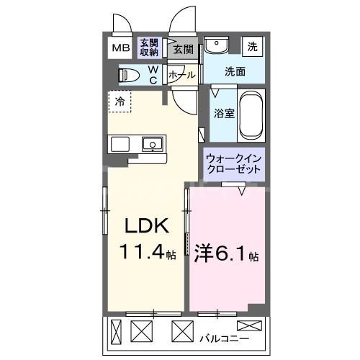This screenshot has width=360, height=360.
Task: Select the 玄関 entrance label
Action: coord(183,49)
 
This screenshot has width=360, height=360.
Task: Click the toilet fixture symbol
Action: coord(130,74)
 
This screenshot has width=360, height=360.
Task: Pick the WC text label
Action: coord(153,74)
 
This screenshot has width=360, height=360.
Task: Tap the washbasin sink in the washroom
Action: coord(214,46)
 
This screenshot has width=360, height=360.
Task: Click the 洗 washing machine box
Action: coord(252,46)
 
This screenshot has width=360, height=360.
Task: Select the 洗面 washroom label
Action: coord(234,71)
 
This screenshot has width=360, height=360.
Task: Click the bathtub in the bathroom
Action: coord(251,116)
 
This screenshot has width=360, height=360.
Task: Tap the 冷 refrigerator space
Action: coord(120,102)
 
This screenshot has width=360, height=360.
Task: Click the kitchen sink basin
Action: coord(152,145)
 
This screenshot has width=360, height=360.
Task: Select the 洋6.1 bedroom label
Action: coord(225,253)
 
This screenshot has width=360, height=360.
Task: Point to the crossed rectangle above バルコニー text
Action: coord(247,325)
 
